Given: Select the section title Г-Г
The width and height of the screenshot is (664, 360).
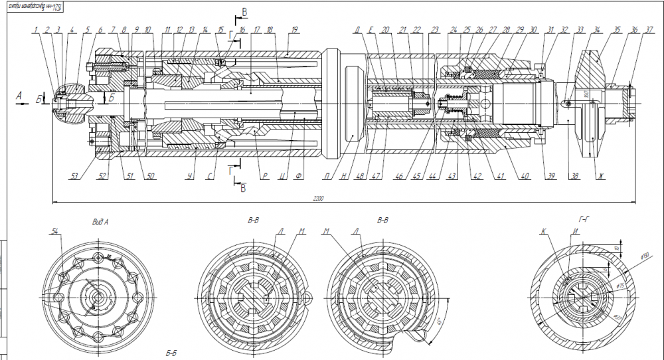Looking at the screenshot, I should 585,218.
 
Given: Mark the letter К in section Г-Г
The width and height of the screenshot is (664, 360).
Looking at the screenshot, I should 543,232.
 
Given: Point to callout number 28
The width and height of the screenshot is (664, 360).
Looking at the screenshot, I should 506,31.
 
